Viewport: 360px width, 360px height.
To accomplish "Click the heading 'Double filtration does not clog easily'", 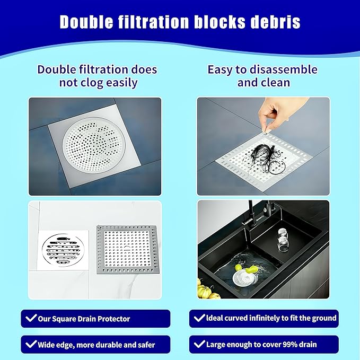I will click(97, 76).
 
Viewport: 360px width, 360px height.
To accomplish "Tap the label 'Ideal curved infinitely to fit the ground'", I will click(264, 318).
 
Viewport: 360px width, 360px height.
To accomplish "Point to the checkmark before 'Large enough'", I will click(199, 345).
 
